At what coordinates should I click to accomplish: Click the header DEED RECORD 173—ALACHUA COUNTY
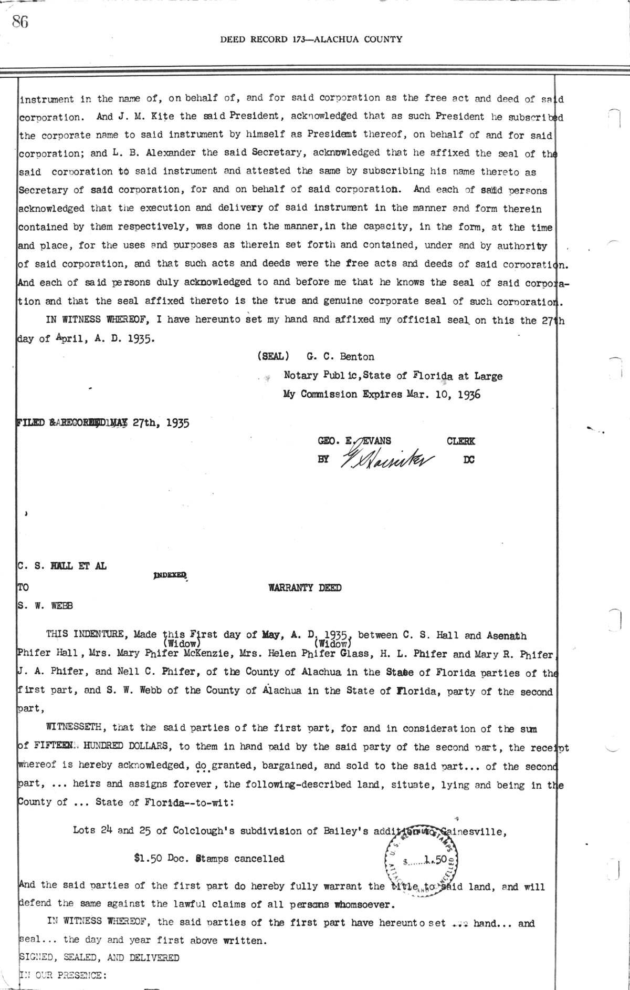pos(311,39)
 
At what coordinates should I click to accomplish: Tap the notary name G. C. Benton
pos(341,357)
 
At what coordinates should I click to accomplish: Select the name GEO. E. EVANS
pos(354,441)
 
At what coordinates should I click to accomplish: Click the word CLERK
pos(460,441)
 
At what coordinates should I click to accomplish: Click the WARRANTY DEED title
pos(304,587)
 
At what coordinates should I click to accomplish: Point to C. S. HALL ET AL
pos(62,566)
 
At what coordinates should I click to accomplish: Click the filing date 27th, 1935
pos(161,422)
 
